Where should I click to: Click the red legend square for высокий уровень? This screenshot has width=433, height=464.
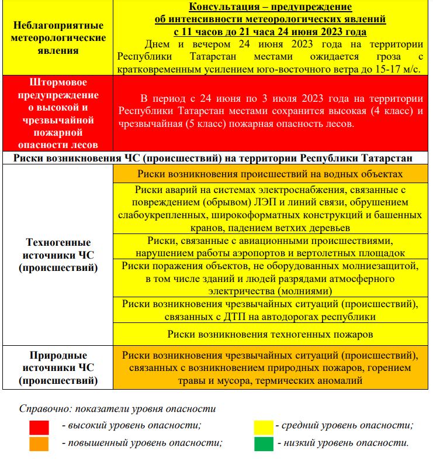click(39, 427)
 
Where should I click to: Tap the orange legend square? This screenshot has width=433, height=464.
click(39, 444)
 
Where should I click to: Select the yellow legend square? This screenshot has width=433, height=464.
click(264, 427)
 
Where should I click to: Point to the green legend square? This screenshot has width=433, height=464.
click(264, 444)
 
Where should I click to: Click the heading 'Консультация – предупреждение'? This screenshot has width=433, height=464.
click(270, 7)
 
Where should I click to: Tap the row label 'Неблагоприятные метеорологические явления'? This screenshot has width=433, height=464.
click(57, 37)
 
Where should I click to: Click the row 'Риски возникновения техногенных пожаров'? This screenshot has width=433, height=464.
click(270, 334)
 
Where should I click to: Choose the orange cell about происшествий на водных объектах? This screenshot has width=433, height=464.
click(270, 174)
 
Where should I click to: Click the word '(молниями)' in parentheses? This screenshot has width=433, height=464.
click(306, 291)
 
